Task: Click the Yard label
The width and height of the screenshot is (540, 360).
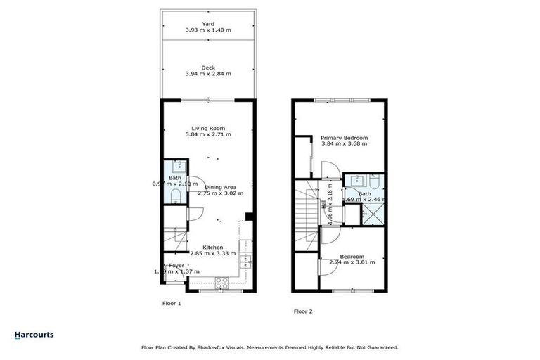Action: (208, 23)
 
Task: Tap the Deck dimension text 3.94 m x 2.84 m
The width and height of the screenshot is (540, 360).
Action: (208, 73)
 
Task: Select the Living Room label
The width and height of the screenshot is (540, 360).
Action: (208, 127)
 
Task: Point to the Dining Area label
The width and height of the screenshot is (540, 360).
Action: (220, 187)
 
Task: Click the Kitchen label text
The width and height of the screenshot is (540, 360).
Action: (212, 247)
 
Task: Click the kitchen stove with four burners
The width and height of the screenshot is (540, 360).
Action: (221, 283)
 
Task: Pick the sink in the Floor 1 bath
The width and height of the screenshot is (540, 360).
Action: (178, 167)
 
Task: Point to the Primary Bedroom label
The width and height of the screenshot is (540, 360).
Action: (344, 138)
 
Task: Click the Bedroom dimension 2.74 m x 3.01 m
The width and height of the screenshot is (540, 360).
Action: (352, 262)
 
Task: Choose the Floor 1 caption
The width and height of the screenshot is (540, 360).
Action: (172, 303)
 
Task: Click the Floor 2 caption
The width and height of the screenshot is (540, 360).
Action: (303, 311)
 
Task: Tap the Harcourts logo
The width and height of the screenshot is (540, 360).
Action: (34, 335)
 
